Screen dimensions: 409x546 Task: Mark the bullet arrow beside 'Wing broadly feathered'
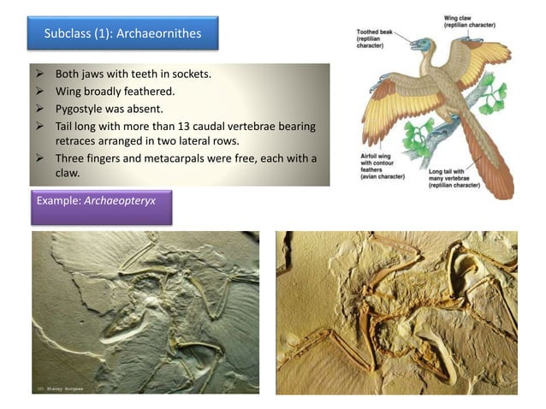click(x=41, y=91)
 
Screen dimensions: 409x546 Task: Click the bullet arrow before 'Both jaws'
click(x=41, y=74)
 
